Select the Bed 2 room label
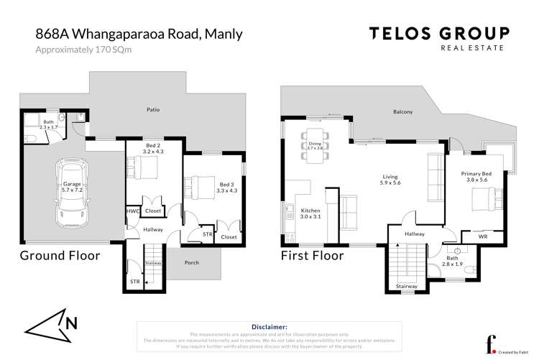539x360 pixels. pos(152,149)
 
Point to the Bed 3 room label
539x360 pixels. pos(229,188)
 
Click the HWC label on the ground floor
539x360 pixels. pos(133,211)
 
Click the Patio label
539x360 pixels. pos(152,109)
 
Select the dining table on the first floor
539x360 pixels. pos(314,145)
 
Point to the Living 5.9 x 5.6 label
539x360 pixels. pos(390,180)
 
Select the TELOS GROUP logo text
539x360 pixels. pos(439,33)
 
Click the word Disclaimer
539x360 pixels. pos(267,326)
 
